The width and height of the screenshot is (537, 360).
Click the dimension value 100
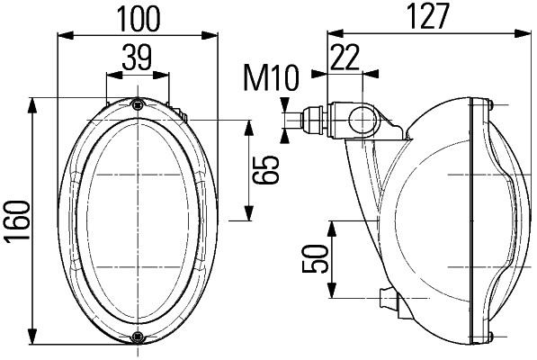138,17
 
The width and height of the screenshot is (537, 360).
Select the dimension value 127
426,17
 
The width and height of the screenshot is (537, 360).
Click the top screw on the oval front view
136,104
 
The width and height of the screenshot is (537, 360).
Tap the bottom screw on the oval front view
136,337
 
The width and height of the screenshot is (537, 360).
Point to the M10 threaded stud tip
290,119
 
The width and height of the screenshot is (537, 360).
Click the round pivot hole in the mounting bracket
362,118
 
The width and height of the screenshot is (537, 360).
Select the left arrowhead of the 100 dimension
60,36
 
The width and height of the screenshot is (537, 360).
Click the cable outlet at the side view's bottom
387,299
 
